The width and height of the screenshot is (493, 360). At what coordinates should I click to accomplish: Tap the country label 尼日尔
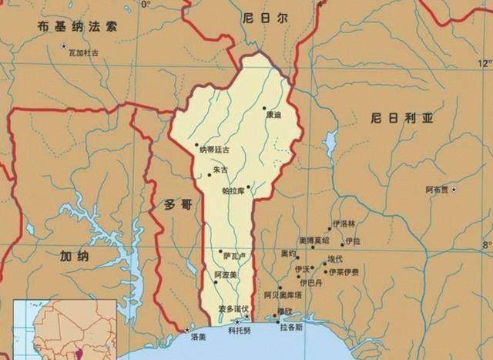257,17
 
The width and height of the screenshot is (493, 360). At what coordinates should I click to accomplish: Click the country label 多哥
175,206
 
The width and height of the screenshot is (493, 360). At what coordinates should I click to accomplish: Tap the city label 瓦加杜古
84,51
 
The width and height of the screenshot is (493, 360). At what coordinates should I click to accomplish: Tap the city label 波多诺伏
233,308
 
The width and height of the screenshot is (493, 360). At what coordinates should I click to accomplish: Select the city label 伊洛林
344,224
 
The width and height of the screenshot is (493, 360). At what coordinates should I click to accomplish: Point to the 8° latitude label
486,245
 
